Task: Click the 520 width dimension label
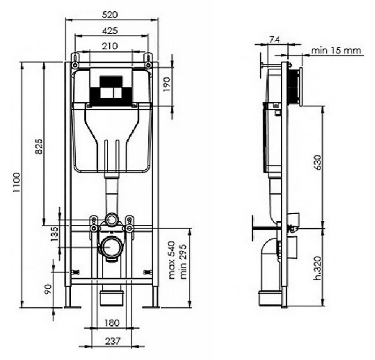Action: click(x=110, y=15)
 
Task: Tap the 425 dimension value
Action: click(x=110, y=30)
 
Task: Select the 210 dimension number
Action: click(x=110, y=45)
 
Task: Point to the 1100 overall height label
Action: click(x=17, y=182)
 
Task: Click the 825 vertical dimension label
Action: click(x=38, y=146)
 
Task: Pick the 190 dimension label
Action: click(x=167, y=84)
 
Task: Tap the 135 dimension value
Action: click(x=54, y=234)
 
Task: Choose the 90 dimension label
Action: click(x=48, y=289)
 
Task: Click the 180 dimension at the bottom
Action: click(x=112, y=323)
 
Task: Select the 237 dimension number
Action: click(x=112, y=341)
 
